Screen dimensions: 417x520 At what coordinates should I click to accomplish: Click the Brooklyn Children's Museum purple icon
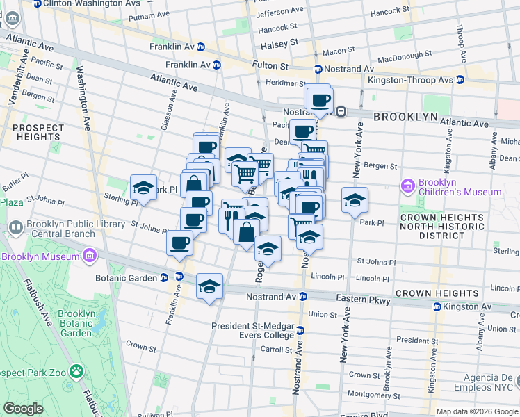[407, 186]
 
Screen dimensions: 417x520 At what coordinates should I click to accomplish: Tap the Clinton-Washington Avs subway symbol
[35, 3]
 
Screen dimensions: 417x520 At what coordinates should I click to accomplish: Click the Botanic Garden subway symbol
[179, 277]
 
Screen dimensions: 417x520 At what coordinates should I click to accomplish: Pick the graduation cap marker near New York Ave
[355, 199]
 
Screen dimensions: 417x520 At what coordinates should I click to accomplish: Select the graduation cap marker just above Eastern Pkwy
[209, 286]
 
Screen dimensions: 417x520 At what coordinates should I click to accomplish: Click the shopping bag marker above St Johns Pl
[246, 232]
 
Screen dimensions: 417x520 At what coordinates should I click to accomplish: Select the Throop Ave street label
[460, 31]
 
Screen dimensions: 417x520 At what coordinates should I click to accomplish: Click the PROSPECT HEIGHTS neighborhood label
[37, 132]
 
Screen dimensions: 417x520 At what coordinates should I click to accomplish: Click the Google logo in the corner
[24, 409]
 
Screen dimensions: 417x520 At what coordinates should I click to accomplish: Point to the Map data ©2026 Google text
[477, 411]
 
